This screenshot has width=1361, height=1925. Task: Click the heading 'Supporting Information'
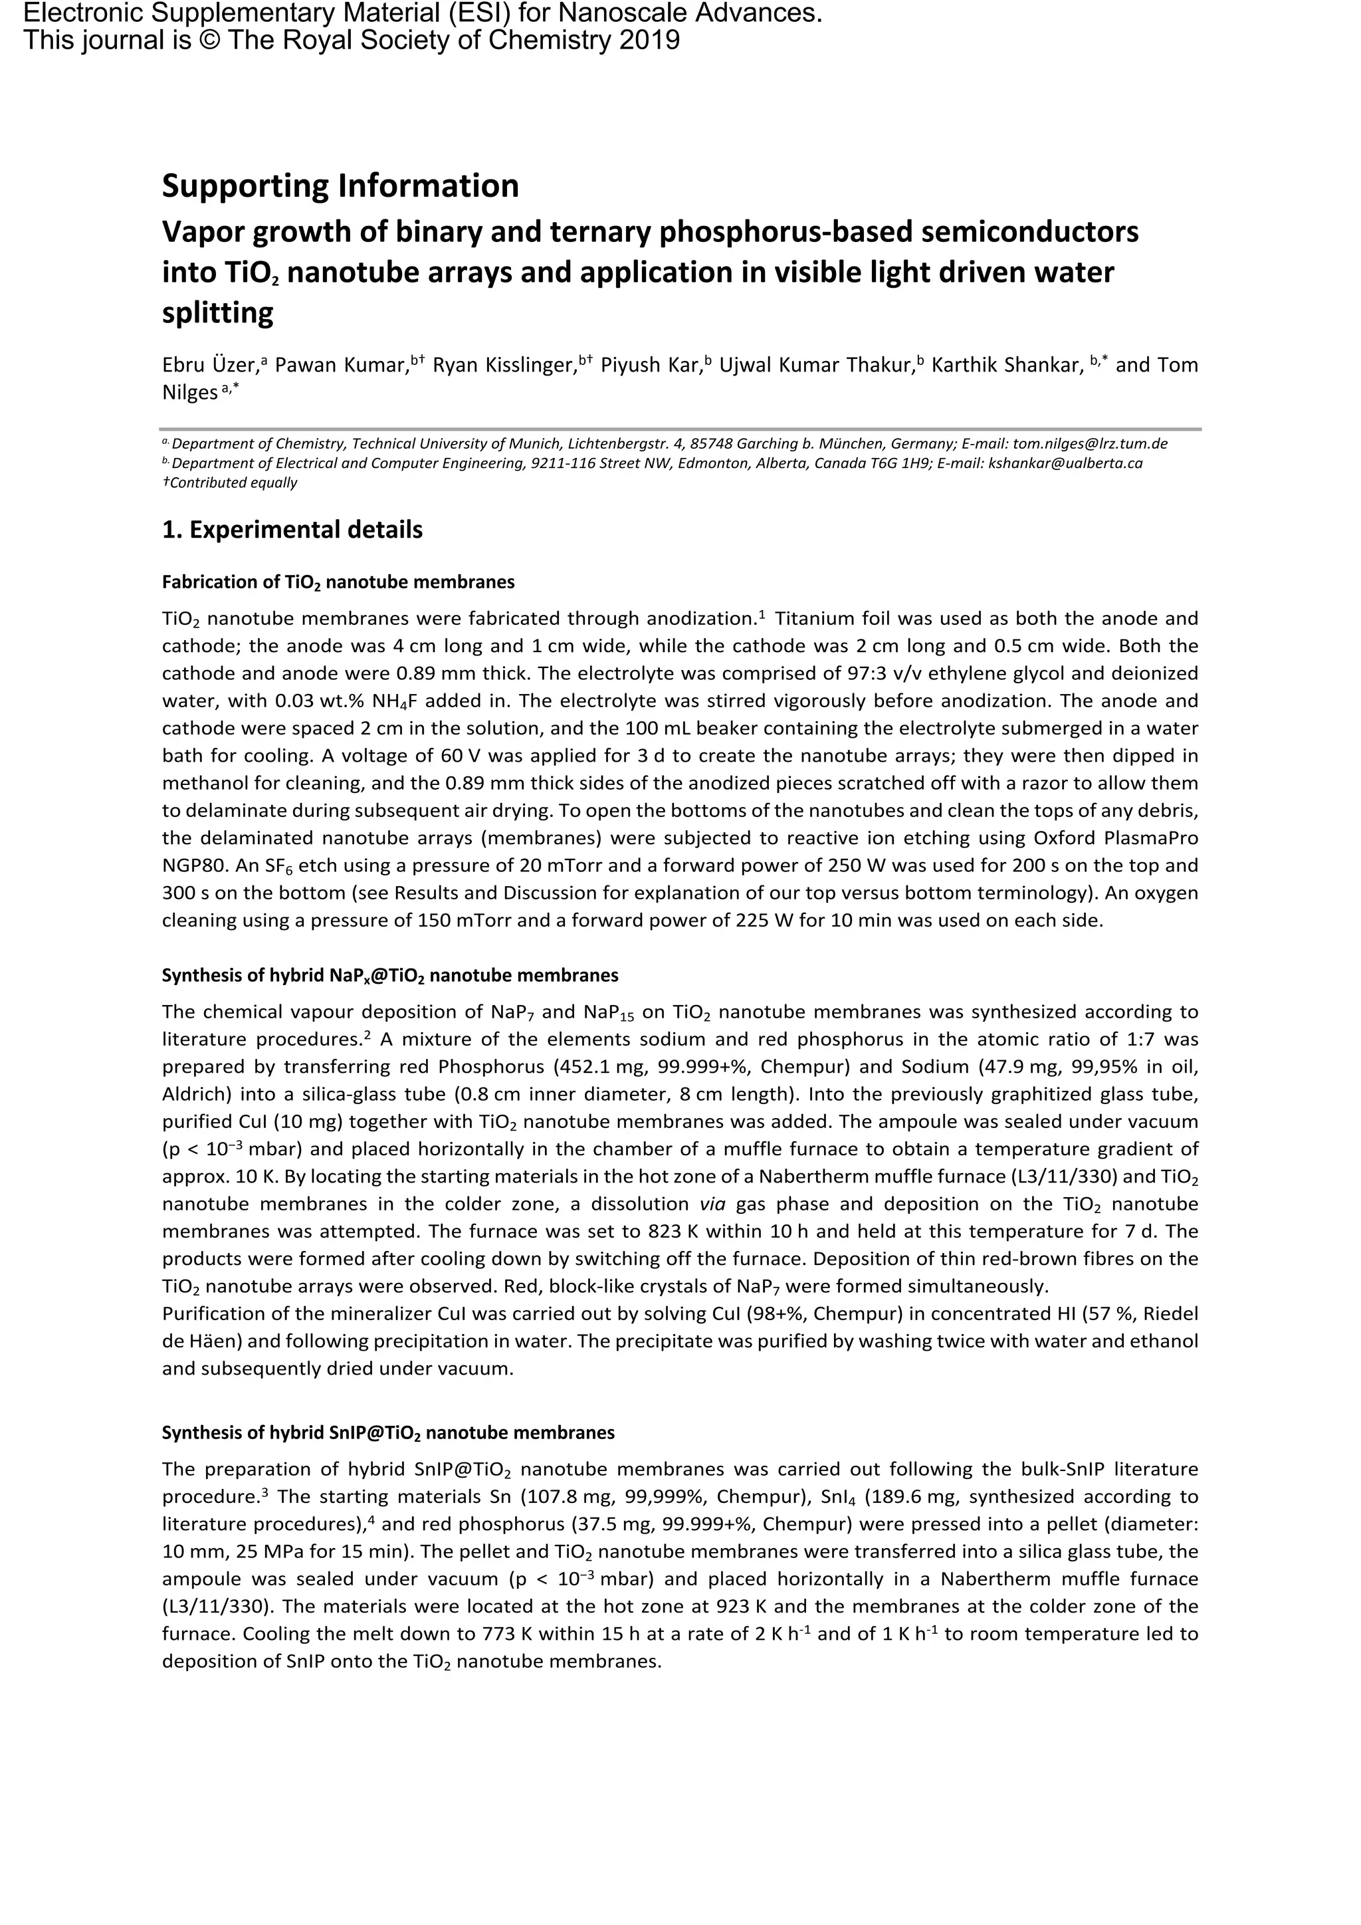point(340,185)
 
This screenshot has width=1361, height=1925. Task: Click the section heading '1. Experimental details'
point(292,530)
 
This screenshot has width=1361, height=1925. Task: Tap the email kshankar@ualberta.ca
point(1065,463)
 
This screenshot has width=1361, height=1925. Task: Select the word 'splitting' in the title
point(218,312)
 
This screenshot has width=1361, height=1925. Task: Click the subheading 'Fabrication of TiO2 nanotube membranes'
point(338,582)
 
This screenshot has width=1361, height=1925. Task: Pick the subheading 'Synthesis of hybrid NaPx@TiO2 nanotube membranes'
point(389,975)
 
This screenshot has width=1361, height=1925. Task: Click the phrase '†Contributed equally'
point(230,483)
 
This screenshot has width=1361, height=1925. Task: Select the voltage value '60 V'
point(461,755)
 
